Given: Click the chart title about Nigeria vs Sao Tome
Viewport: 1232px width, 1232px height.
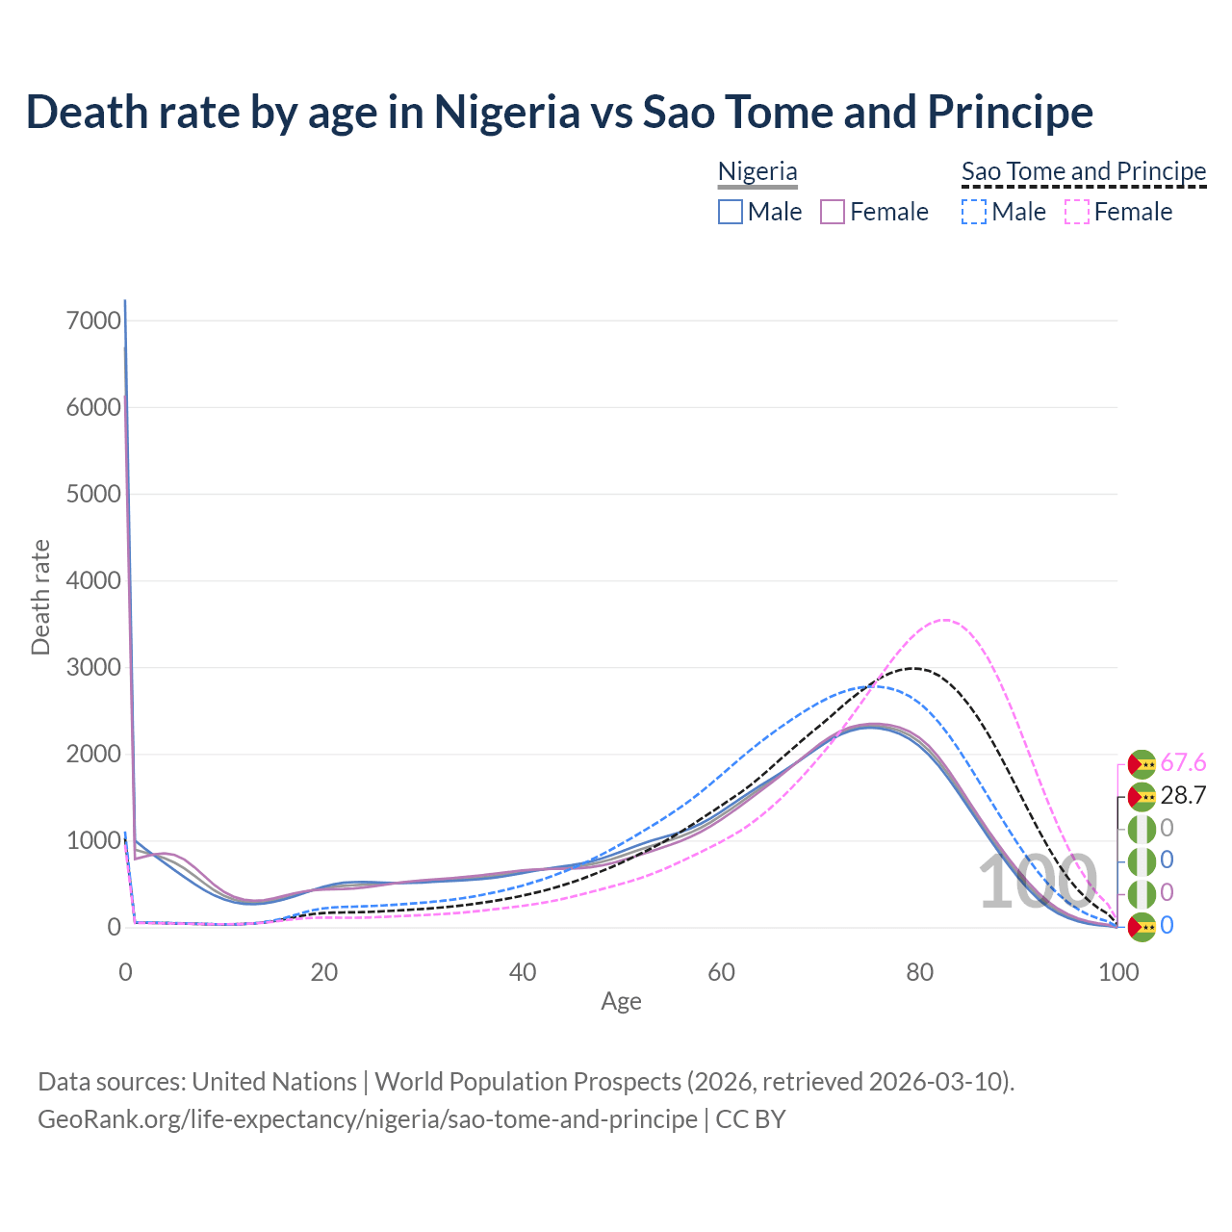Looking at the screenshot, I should click(559, 112).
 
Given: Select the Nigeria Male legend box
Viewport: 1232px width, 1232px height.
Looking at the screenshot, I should click(731, 212).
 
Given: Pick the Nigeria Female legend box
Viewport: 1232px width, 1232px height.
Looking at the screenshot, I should click(833, 212).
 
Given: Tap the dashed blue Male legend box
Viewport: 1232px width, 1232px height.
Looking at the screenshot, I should click(974, 212).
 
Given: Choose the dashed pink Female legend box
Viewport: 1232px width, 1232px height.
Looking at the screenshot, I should click(1077, 212).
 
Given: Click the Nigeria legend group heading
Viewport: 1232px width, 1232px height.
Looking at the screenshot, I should click(757, 172).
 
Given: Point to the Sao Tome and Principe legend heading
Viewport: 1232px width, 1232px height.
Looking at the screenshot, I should click(1084, 172).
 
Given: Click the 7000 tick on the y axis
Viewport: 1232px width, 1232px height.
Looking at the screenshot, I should click(93, 321).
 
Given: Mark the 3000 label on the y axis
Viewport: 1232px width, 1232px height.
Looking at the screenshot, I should click(93, 667).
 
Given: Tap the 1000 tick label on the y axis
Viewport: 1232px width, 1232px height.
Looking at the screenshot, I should click(93, 840).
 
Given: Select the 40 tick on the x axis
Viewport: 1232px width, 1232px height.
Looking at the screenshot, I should click(523, 972).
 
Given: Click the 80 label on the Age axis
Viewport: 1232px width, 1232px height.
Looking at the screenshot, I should click(920, 972).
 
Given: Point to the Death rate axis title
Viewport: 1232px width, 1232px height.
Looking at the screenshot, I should click(40, 598).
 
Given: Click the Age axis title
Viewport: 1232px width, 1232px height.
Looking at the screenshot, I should click(621, 1002).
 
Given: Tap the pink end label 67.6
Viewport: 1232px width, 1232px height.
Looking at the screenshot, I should click(1183, 763).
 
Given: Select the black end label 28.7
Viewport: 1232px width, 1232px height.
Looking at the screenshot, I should click(1183, 795).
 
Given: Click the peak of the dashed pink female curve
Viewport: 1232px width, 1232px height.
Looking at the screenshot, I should click(945, 620).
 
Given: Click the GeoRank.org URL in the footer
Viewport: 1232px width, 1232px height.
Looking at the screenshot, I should click(368, 1119).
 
